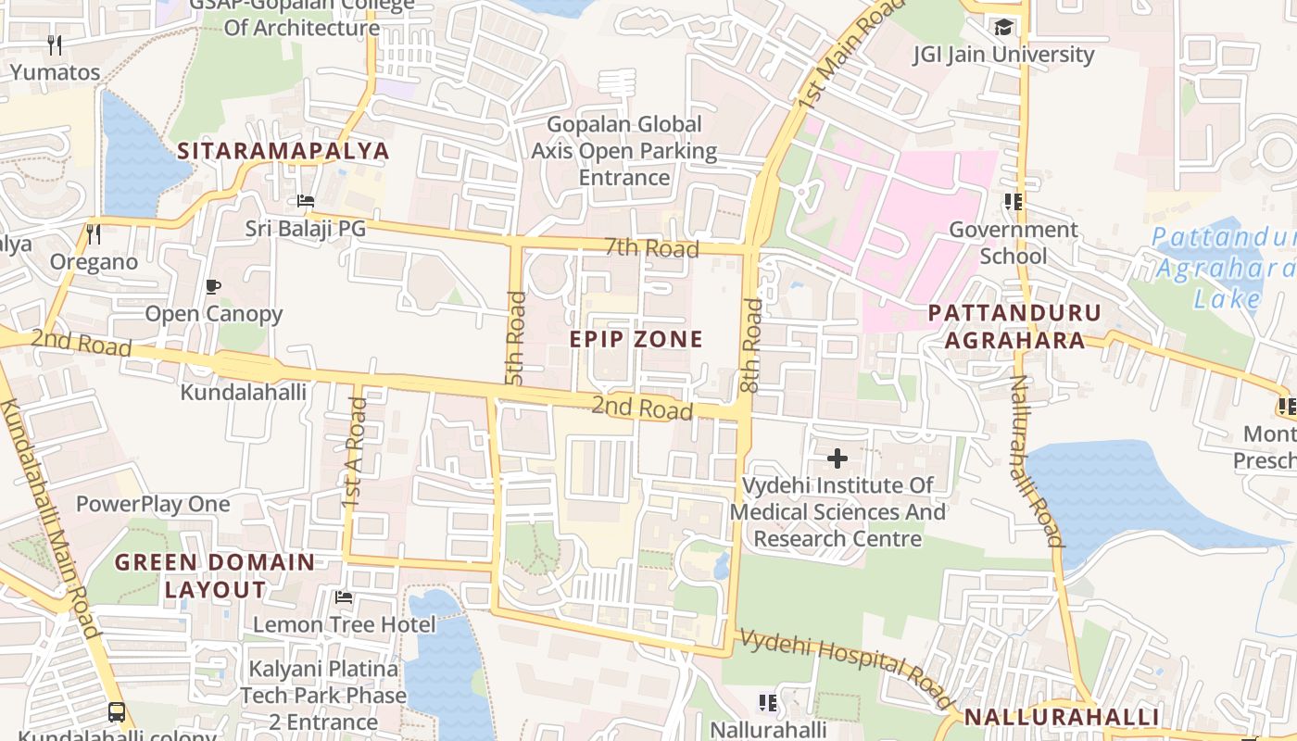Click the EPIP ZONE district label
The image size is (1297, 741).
636,339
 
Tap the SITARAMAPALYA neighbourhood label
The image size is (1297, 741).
283,151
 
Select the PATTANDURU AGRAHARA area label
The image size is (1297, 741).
1014,326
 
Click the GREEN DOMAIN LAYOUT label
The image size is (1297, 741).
215,575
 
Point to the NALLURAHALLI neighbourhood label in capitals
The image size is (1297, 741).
1061,717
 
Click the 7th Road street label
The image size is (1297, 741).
651,248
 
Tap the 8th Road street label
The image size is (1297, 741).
752,345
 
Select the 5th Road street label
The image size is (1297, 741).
516,338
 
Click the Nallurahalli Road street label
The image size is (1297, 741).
1035,460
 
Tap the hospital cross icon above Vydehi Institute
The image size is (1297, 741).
837,458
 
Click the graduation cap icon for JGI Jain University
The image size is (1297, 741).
1003,27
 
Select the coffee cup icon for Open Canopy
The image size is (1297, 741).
213,286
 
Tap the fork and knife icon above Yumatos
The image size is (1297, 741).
55,44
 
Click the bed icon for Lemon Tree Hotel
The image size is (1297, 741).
344,597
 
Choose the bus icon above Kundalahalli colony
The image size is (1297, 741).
117,711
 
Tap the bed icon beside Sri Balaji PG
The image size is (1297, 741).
306,201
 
